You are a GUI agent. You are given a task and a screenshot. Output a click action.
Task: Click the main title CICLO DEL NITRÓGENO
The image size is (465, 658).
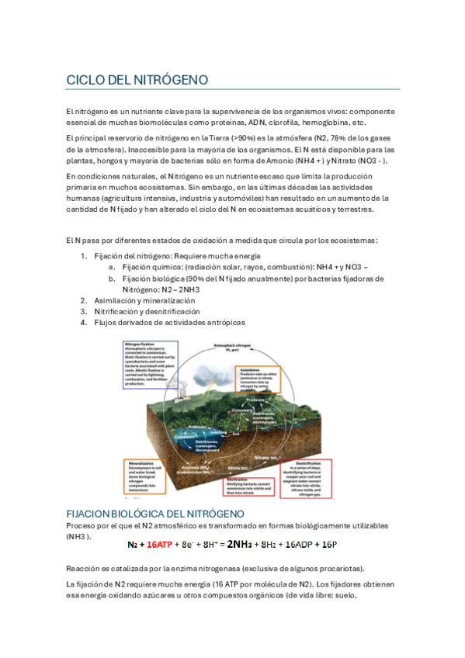point(137,80)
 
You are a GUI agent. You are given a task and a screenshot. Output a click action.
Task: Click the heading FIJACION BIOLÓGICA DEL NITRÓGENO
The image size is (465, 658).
point(155,514)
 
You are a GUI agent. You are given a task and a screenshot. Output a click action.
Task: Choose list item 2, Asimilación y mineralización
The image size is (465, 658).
point(144,300)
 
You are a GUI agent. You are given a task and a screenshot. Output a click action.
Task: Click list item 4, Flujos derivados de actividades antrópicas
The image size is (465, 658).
point(169,322)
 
